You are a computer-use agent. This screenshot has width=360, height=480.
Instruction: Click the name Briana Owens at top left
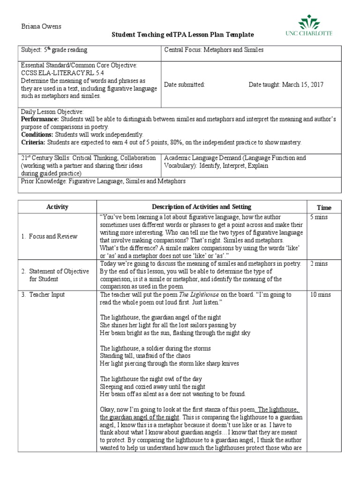[42, 26]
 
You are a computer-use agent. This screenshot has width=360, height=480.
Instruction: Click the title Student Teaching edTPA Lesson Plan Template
[182, 35]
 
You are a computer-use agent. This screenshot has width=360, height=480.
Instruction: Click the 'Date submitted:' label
[184, 85]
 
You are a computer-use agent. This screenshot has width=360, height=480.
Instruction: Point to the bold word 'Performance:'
[40, 120]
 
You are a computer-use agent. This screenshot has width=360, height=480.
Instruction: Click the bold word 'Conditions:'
[38, 135]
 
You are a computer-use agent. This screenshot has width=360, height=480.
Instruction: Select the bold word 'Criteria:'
[33, 142]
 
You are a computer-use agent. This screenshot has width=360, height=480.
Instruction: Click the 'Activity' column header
[57, 207]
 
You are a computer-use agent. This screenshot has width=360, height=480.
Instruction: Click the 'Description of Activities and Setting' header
[202, 207]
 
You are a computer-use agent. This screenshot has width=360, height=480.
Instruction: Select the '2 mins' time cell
[319, 264]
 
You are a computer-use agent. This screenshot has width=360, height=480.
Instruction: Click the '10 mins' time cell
[320, 295]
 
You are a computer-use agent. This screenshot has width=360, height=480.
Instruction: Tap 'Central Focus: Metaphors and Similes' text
[214, 50]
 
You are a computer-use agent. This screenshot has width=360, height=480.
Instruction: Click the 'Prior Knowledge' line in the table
[104, 181]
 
